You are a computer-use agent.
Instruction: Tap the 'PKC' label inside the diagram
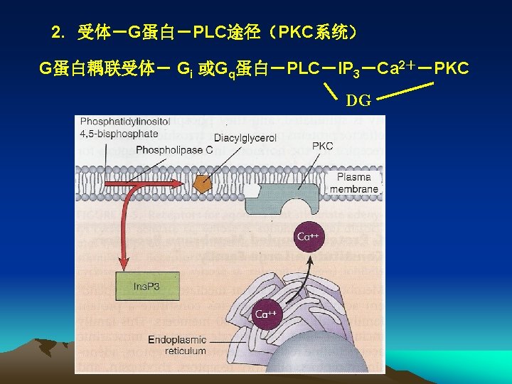pos(322,146)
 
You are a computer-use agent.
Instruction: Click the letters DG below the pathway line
pos(358,101)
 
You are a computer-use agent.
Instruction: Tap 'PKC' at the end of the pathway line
pos(451,69)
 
